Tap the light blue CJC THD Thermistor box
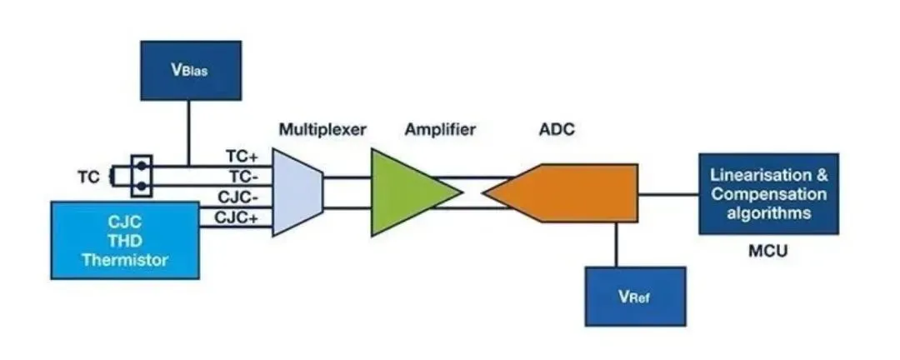click(x=125, y=240)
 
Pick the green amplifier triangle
click(x=408, y=192)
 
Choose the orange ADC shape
click(x=567, y=192)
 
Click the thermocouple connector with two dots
click(x=142, y=176)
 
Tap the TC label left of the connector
click(x=88, y=177)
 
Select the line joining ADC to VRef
click(x=617, y=244)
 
